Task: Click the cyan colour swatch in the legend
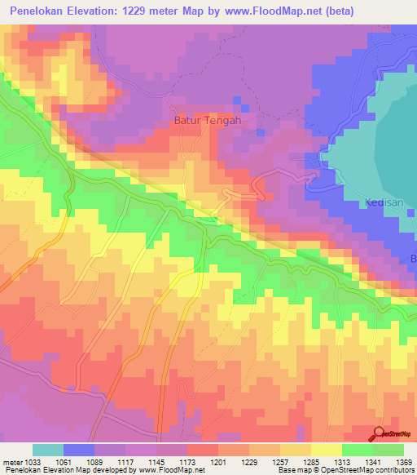point(48,450)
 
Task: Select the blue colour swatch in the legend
point(79,450)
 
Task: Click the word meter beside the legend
point(11,462)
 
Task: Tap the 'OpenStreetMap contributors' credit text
point(374,471)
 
